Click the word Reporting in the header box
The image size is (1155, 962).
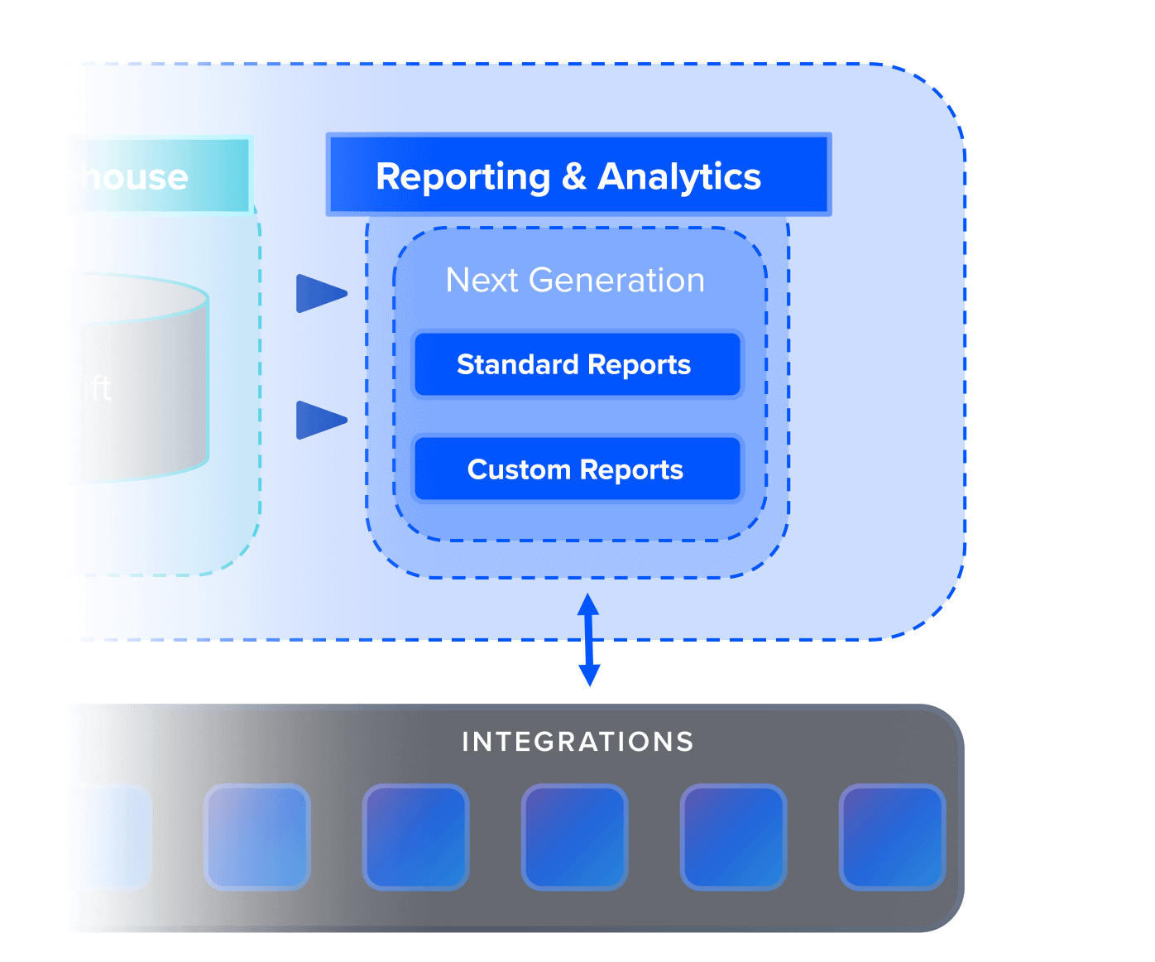(x=462, y=177)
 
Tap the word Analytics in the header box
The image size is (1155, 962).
(x=679, y=177)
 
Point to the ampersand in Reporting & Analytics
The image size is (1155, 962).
(x=573, y=177)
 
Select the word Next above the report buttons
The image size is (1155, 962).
(x=482, y=281)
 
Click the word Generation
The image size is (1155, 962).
(x=616, y=281)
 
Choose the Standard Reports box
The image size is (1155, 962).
(x=577, y=364)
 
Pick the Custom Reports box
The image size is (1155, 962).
(x=577, y=469)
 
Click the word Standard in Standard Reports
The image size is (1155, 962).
(x=517, y=364)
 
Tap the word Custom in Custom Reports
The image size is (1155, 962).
(x=519, y=469)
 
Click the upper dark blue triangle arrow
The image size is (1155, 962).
(x=320, y=293)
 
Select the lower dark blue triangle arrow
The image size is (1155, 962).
(x=320, y=420)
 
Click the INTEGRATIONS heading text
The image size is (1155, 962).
(x=577, y=742)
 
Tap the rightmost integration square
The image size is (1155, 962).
(x=892, y=837)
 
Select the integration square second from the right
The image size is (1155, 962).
(x=733, y=837)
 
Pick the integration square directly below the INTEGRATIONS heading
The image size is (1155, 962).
(x=574, y=837)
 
